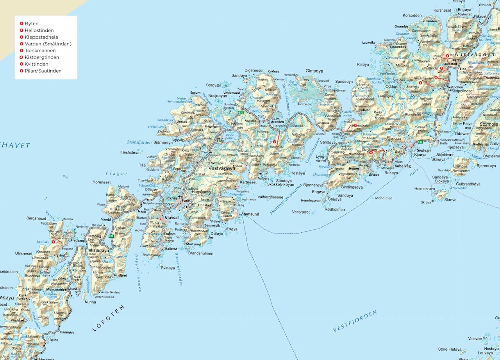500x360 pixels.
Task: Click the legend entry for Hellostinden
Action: [39, 30]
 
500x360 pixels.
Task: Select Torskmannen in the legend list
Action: [40, 51]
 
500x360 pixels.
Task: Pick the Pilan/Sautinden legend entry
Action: [43, 71]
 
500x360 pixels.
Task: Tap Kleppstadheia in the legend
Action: [41, 37]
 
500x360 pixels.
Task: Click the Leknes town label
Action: [171, 198]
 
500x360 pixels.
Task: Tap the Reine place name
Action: [54, 340]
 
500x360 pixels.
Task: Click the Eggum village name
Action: [195, 93]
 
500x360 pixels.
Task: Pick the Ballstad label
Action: [171, 249]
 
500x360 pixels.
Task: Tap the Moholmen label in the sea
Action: [384, 198]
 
